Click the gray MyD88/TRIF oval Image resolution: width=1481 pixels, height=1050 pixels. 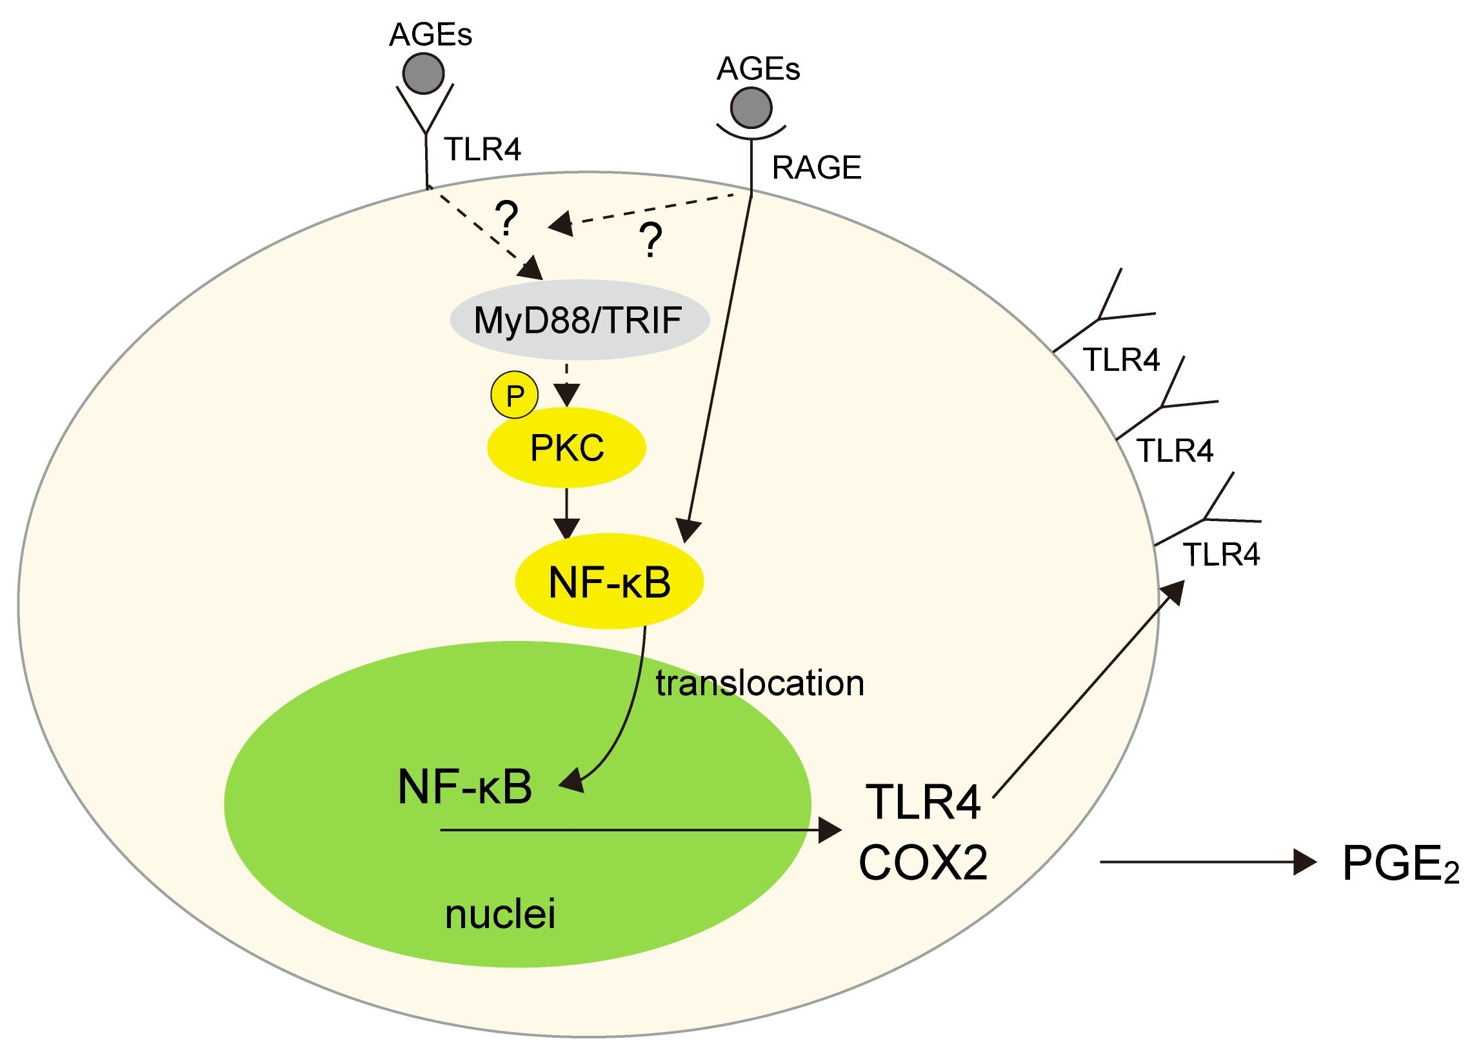(579, 320)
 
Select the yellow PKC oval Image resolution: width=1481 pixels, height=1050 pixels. (566, 448)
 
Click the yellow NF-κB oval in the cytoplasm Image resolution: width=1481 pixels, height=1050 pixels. (609, 581)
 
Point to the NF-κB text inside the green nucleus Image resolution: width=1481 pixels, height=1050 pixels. (465, 787)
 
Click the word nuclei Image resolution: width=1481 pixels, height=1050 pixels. (500, 915)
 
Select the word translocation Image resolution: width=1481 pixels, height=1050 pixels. (760, 683)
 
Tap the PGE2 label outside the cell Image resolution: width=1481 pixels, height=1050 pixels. (1400, 865)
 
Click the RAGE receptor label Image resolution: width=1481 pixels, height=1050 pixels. (817, 168)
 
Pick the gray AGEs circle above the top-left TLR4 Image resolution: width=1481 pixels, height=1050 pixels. (423, 72)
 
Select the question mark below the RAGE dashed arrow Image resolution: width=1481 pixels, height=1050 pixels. (650, 241)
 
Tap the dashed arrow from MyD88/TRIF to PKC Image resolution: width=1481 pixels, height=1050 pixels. (566, 385)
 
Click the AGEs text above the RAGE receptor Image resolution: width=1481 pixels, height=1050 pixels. (759, 68)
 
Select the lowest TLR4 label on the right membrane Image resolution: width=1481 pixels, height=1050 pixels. (1221, 555)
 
